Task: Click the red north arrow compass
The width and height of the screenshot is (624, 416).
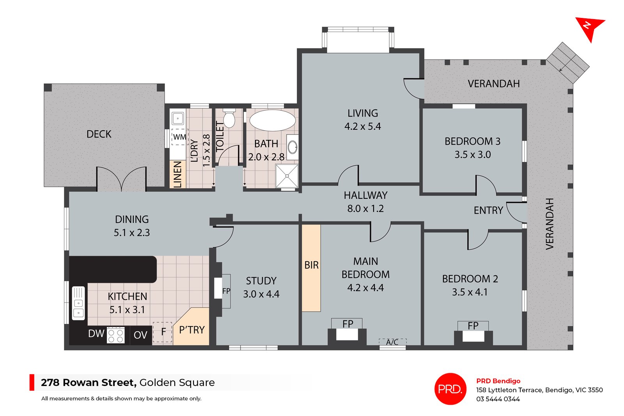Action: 589,28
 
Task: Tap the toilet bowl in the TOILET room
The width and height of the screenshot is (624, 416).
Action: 229,119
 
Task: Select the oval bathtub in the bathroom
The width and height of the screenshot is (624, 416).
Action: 272,120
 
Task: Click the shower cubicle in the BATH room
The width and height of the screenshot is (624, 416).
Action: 287,176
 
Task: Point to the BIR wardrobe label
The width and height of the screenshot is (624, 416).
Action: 311,266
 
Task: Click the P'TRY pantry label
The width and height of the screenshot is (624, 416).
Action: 191,330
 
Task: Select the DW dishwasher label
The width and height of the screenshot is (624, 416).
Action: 96,334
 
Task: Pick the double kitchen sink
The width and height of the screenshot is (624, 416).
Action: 78,303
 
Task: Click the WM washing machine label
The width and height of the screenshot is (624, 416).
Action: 179,137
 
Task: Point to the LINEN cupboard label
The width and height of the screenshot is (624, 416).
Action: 177,174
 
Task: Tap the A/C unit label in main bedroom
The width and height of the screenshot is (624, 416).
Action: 392,342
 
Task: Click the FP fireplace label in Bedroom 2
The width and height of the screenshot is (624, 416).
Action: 473,326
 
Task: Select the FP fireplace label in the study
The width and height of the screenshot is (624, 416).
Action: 226,291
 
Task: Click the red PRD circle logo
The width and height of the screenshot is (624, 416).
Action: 450,389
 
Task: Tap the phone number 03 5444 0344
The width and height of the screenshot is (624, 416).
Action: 498,399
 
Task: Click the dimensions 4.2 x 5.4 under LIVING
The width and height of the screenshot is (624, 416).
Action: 362,126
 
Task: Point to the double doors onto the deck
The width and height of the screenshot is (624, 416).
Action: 121,179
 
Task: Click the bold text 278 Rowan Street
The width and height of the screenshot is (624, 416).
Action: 89,382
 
